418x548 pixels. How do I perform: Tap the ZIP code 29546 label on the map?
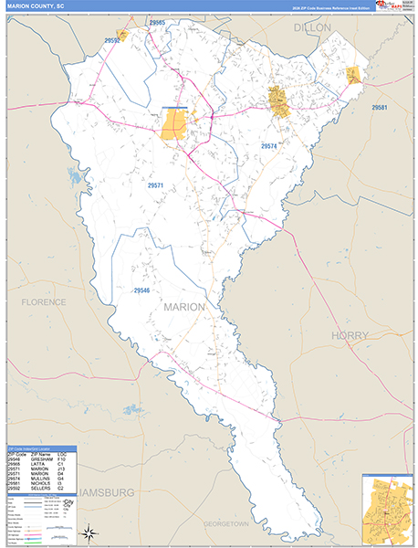pyautogui.click(x=141, y=290)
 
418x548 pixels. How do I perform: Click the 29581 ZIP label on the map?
pyautogui.click(x=380, y=109)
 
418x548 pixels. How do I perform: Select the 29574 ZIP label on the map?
pyautogui.click(x=269, y=146)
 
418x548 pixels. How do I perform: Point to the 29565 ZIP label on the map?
pyautogui.click(x=157, y=22)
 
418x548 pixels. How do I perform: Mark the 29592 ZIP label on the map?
pyautogui.click(x=112, y=40)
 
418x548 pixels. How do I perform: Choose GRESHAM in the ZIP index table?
pyautogui.click(x=39, y=462)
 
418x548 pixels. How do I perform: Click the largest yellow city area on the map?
pyautogui.click(x=174, y=125)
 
